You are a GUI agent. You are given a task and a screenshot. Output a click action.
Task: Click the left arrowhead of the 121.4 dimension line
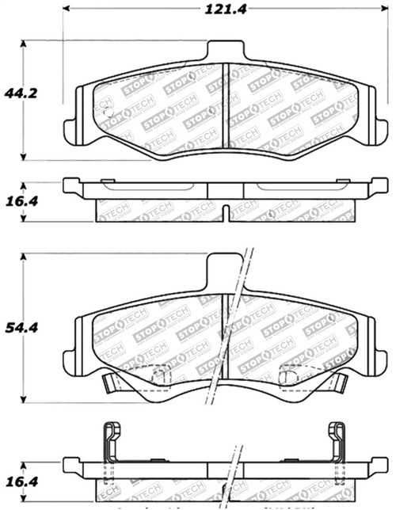tap(67, 10)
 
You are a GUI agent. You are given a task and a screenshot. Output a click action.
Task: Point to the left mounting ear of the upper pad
tap(69, 127)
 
